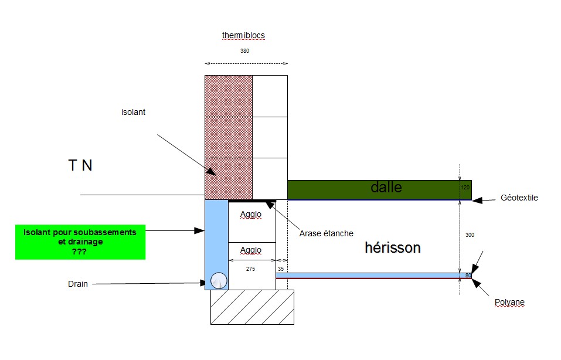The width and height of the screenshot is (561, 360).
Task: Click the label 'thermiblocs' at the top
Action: point(243,35)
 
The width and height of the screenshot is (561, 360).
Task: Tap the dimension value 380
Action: point(244,51)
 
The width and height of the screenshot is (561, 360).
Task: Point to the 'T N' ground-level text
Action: point(80,166)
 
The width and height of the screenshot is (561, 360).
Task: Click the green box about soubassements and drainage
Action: point(80,241)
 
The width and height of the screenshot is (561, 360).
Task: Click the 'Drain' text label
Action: point(77,284)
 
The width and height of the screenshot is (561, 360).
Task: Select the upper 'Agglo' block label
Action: point(251,214)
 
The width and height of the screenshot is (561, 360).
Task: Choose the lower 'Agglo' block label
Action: point(251,250)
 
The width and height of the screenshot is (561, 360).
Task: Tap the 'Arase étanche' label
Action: point(327,233)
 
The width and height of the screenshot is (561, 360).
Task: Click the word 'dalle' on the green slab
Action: point(386,188)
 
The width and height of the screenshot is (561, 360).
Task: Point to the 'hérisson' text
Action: point(392,247)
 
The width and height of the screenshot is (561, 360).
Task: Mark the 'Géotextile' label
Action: point(519,198)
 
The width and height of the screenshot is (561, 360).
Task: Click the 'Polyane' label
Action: point(508,303)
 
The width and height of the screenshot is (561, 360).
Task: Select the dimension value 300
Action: point(468,235)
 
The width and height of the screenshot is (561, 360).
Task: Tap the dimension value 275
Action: point(251,269)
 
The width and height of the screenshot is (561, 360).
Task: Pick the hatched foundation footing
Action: point(252,307)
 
